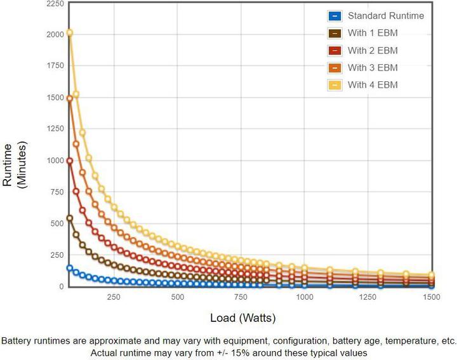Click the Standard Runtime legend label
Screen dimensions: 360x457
point(385,16)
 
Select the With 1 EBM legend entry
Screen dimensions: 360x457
point(373,33)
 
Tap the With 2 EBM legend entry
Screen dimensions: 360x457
point(373,50)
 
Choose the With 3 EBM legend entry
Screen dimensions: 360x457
point(373,67)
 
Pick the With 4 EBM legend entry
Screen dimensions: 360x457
point(373,84)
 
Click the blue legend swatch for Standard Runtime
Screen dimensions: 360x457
point(334,16)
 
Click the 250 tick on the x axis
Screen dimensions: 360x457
point(114,297)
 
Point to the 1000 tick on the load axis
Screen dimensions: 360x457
point(305,297)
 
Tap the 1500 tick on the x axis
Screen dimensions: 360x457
point(432,297)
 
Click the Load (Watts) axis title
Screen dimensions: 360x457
point(243,317)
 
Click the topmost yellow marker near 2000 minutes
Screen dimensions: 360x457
point(70,33)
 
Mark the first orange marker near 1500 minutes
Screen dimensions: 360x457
point(70,98)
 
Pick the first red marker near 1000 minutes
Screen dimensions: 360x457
point(70,161)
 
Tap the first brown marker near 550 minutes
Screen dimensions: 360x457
point(70,218)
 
